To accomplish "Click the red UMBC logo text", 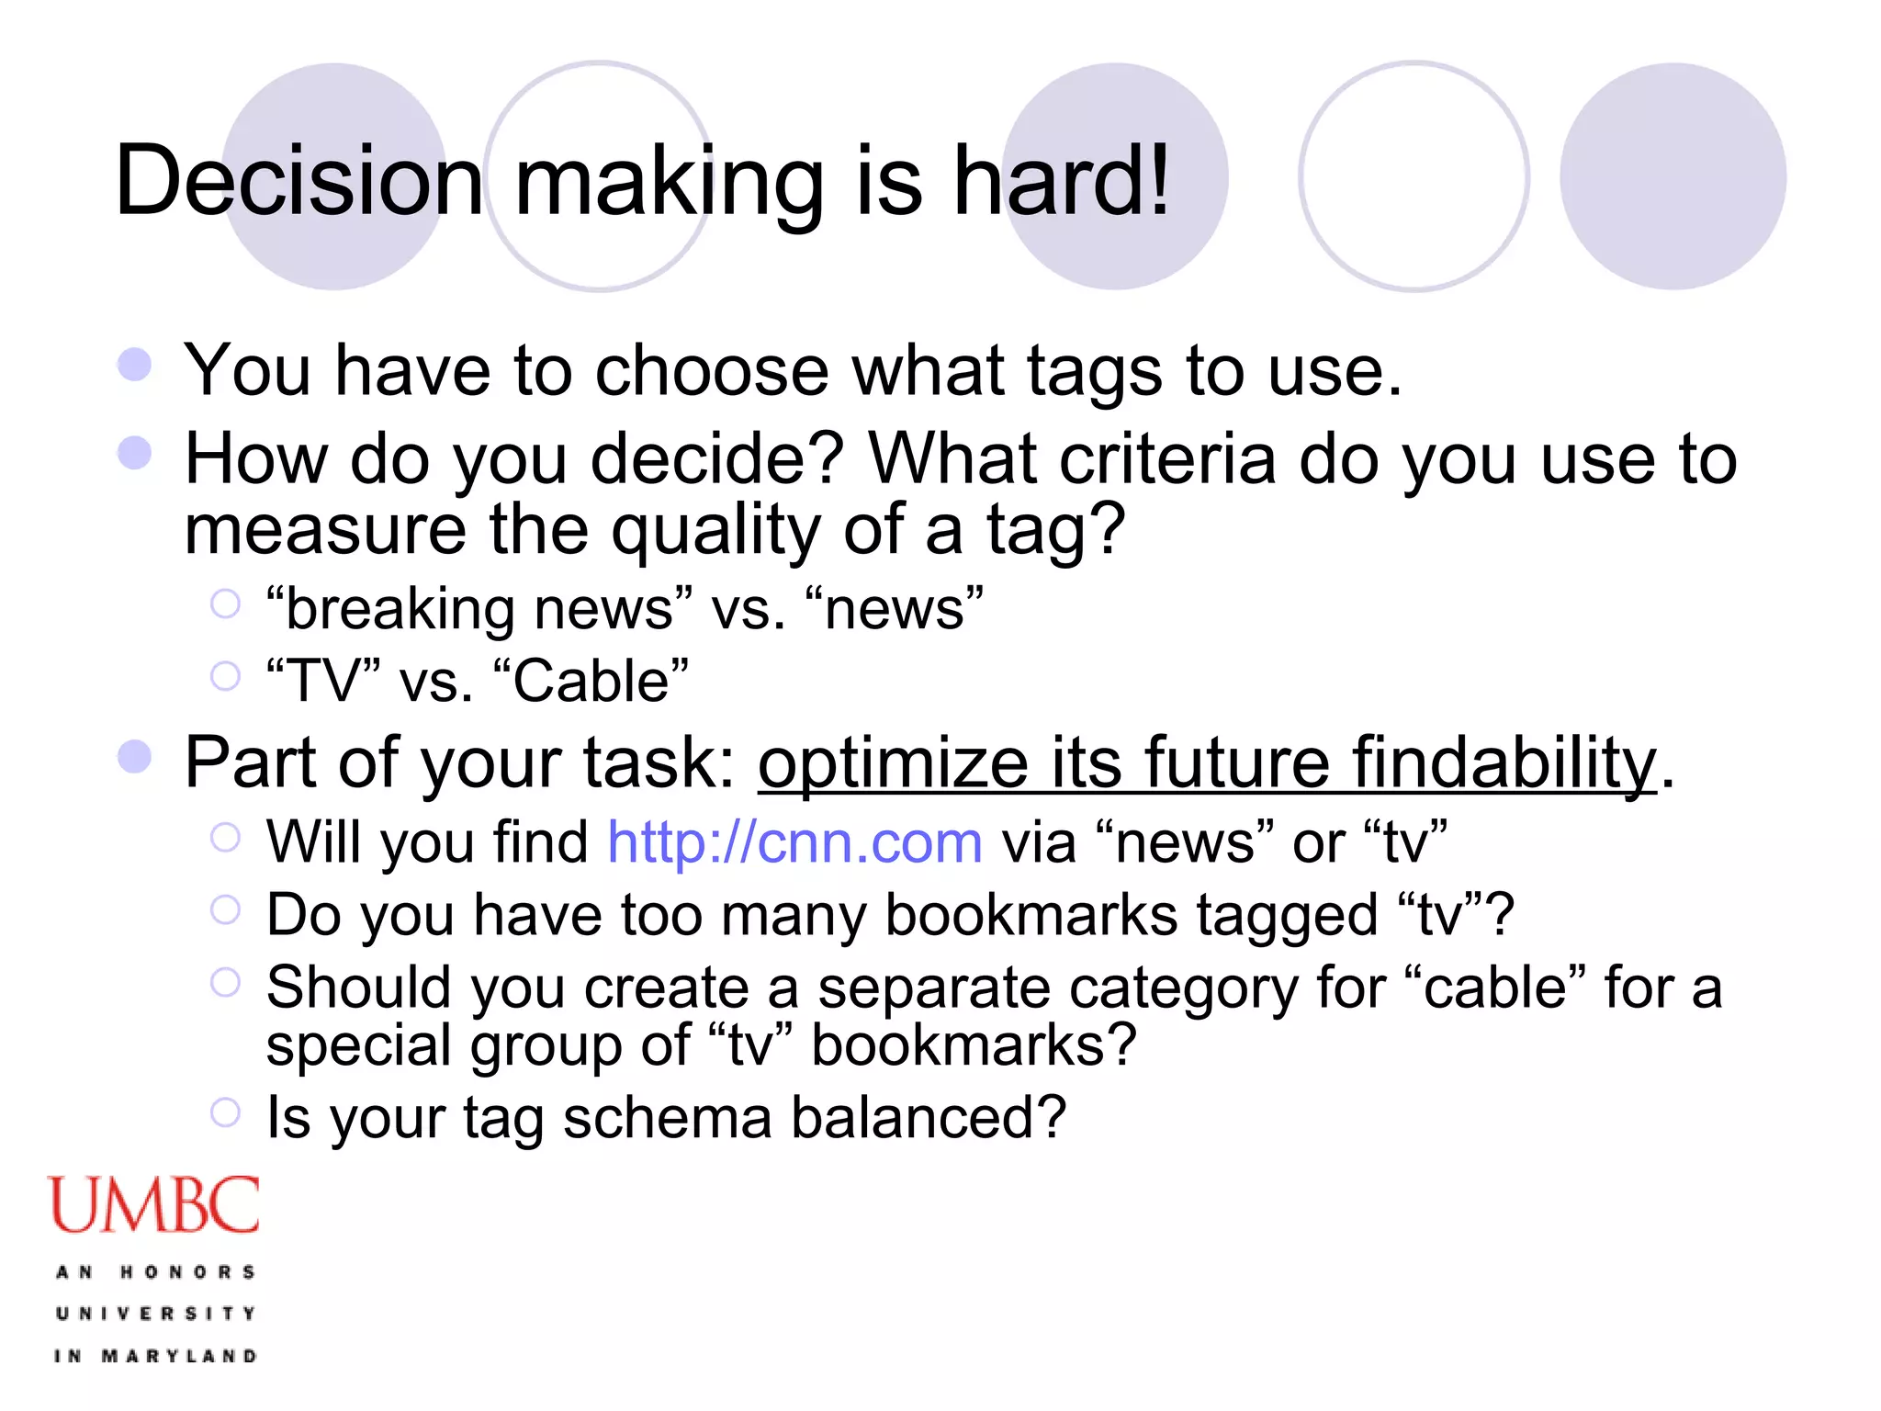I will coord(153,1205).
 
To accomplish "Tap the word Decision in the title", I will coord(298,181).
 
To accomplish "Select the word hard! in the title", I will coord(1062,181).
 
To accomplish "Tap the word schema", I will coord(668,1118).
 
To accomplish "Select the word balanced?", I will coord(929,1118).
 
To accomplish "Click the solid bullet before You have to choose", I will coord(135,365).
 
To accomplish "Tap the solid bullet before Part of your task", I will coord(135,757).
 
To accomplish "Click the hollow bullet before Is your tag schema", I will coord(225,1112).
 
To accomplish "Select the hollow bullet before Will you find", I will coord(225,837).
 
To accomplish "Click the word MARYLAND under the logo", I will coord(179,1356).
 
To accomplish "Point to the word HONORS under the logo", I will coord(187,1272).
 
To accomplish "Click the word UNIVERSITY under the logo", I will coord(155,1314).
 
